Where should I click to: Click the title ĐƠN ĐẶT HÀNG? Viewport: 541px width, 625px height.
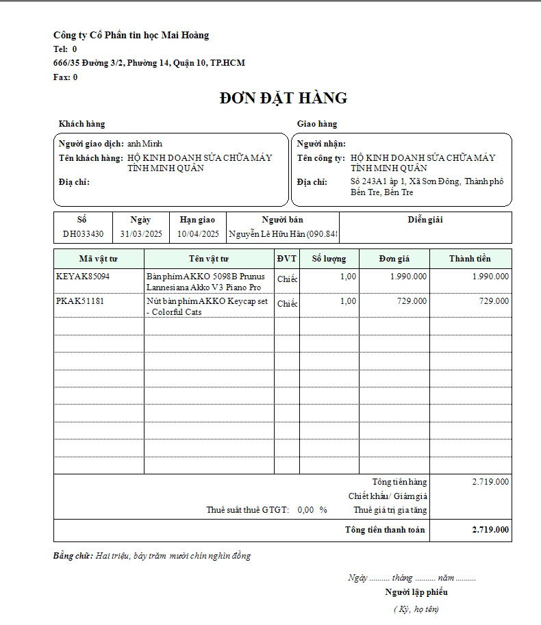point(284,99)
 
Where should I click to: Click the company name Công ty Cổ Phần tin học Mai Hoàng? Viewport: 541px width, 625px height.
point(131,35)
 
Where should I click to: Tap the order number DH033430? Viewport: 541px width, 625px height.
point(83,234)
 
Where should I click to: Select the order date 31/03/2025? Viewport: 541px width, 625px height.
point(140,234)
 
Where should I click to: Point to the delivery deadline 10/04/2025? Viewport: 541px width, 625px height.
point(198,234)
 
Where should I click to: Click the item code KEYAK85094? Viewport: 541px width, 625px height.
point(83,277)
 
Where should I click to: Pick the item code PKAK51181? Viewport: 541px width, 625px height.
point(80,301)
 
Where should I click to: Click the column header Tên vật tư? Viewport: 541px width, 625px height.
point(209,259)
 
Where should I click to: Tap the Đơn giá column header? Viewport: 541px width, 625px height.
point(394,259)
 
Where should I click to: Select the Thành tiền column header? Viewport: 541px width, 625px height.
point(470,259)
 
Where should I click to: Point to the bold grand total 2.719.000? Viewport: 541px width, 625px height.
point(490,530)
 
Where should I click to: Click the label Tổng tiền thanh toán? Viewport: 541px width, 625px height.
point(385,530)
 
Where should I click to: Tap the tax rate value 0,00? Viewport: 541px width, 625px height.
point(306,510)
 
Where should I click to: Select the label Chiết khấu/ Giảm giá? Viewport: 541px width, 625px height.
point(388,496)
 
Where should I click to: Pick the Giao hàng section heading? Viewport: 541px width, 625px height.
point(317,124)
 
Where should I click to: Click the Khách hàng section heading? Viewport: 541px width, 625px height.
point(82,124)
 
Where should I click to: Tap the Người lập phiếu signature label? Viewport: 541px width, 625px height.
point(416,592)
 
